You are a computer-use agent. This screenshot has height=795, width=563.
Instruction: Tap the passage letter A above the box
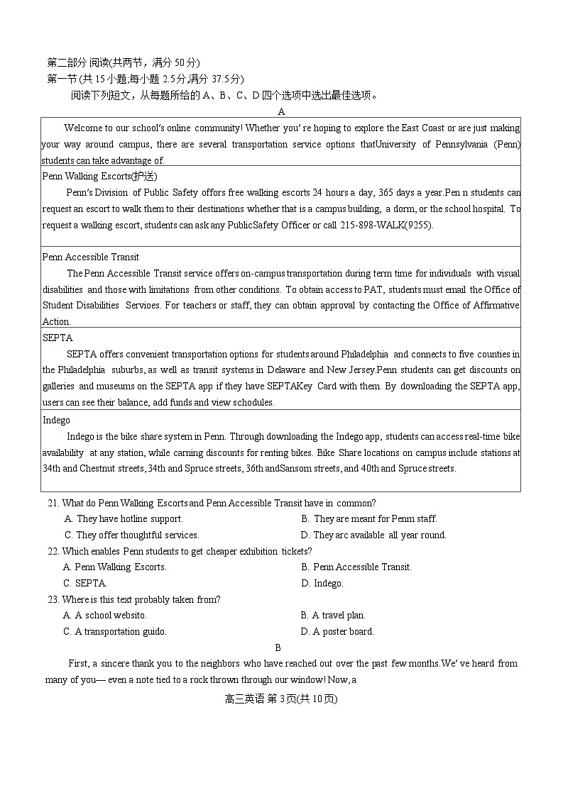(x=281, y=111)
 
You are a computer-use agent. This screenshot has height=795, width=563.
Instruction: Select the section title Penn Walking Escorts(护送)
(x=99, y=176)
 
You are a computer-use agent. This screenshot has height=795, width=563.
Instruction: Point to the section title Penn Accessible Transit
(x=91, y=257)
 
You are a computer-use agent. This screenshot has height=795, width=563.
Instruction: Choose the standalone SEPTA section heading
(x=58, y=338)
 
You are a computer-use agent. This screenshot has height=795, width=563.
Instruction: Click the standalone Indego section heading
(x=56, y=420)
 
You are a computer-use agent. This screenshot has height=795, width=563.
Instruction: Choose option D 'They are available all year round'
(x=373, y=535)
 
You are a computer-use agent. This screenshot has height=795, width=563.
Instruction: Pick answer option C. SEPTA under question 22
(x=85, y=583)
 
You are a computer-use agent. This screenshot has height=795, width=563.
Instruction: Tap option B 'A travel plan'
(x=333, y=615)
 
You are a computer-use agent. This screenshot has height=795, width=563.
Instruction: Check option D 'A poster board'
(x=337, y=631)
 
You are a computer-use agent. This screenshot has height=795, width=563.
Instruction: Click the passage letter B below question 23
(x=278, y=647)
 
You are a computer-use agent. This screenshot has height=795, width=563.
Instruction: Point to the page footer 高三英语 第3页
(x=280, y=699)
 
